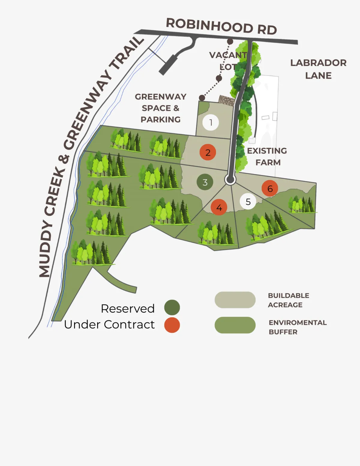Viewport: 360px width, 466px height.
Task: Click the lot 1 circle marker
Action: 211,123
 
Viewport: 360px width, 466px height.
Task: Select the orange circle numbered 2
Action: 208,152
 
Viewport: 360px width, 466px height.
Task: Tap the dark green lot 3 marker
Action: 205,182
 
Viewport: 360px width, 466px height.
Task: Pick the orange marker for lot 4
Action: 219,207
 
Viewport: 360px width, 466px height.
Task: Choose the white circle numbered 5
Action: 248,201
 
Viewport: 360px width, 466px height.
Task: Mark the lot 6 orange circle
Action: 270,188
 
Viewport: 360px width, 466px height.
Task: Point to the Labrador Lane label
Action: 319,69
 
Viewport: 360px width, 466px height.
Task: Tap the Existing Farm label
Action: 267,156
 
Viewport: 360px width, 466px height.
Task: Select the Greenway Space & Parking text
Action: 160,108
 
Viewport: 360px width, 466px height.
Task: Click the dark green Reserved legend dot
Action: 172,307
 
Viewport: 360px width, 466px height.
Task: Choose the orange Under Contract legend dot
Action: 172,325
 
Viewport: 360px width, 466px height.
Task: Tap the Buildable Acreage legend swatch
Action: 235,300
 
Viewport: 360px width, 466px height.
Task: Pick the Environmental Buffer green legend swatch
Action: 235,325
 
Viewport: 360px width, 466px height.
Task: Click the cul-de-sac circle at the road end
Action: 230,179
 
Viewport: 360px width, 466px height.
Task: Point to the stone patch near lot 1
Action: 226,100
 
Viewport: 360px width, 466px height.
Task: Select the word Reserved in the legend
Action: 127,308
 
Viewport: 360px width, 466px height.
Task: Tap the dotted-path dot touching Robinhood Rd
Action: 230,41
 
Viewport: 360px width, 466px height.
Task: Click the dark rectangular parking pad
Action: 169,65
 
